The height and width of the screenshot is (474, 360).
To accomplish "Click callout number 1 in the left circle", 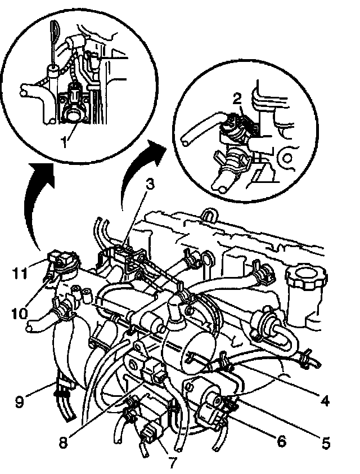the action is point(67,137).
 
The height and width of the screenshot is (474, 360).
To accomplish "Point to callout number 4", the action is point(325,401).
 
